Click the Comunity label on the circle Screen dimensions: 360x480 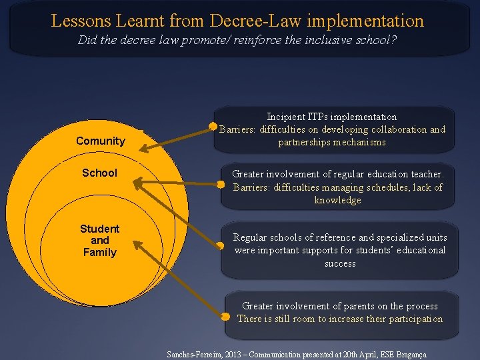click(100, 141)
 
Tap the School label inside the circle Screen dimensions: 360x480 click(99, 173)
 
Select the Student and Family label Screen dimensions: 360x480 click(99, 240)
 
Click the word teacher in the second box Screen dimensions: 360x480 click(425, 174)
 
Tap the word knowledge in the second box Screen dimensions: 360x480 click(337, 200)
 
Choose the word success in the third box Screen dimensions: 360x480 click(340, 263)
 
